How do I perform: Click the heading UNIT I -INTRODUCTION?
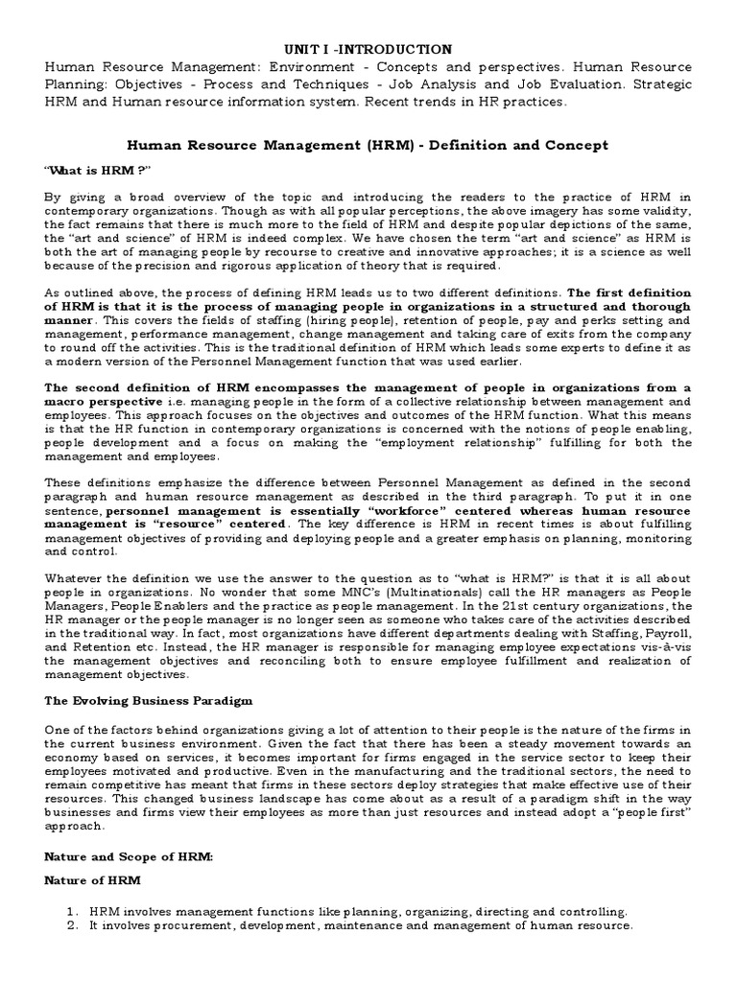[x=368, y=48]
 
